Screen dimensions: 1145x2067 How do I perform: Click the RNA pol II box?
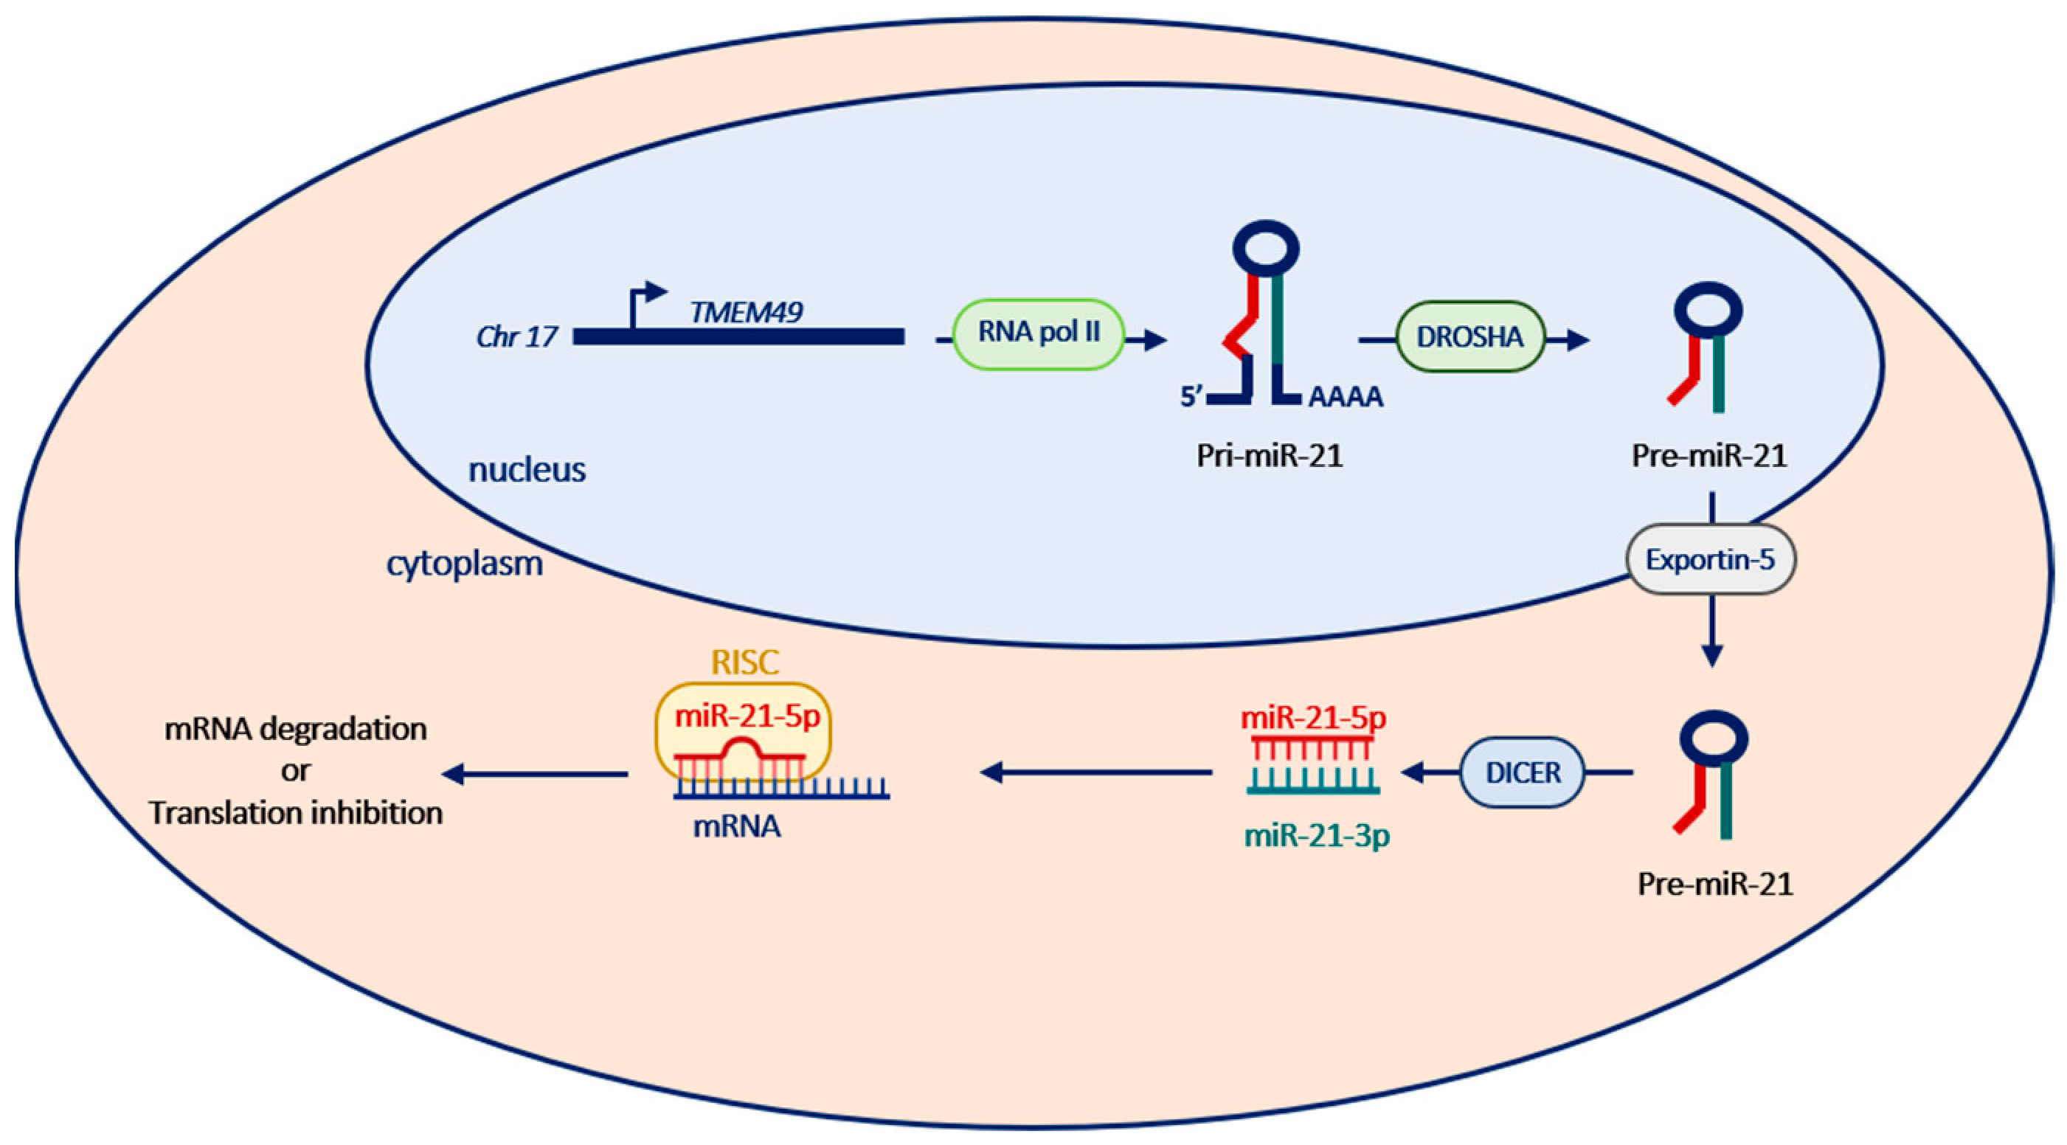[1039, 333]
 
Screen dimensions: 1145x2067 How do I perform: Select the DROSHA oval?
[1470, 337]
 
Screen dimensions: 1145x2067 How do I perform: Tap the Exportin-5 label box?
[1710, 559]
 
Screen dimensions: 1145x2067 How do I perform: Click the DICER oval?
[1522, 772]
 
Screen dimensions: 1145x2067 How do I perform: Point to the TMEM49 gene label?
[747, 312]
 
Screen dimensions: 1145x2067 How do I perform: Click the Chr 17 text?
[516, 337]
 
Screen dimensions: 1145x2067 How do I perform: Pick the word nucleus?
[527, 470]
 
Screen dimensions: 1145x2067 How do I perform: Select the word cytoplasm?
[465, 564]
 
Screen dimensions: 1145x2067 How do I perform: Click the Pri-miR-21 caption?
[1270, 456]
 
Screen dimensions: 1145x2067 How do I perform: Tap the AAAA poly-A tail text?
[1346, 397]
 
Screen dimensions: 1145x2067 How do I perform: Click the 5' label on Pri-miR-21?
[1191, 396]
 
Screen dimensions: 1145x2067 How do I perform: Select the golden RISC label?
[744, 663]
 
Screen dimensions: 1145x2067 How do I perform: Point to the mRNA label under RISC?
[737, 826]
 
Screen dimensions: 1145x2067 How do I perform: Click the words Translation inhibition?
[295, 814]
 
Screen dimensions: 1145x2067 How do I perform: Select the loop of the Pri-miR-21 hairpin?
[1265, 248]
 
